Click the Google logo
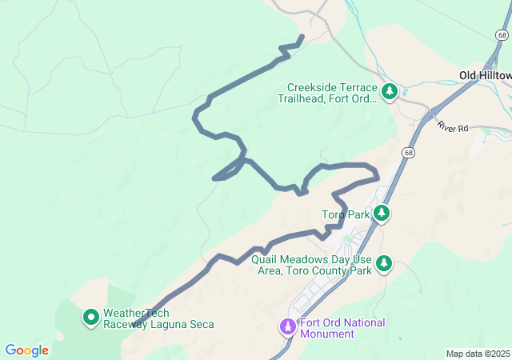27,350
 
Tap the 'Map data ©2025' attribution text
478,354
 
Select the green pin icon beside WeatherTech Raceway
91,318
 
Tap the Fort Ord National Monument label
342,328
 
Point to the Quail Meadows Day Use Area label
310,266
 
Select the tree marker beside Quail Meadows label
385,262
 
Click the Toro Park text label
346,214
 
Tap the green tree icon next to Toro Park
383,213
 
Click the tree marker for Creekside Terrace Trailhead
390,92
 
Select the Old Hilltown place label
485,75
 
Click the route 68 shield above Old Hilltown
501,36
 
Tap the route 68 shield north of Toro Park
410,152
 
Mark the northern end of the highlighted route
302,37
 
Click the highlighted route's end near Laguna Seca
133,326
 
